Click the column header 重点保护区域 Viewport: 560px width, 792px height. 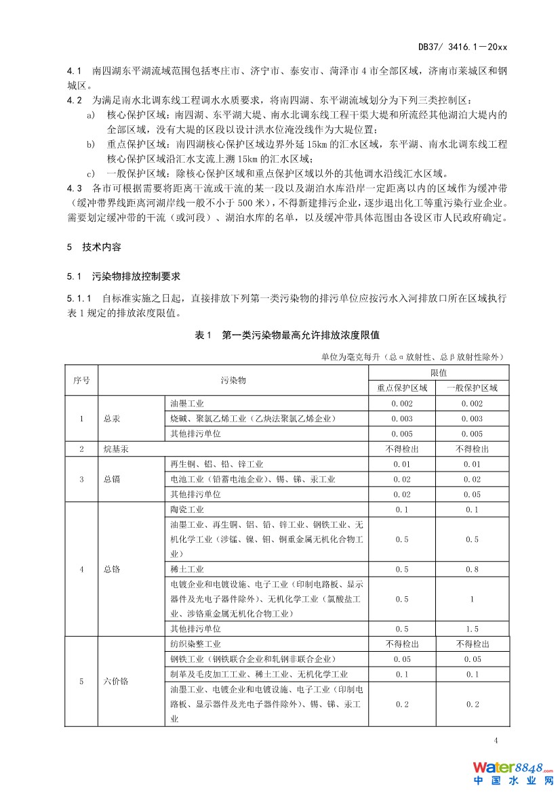pyautogui.click(x=402, y=388)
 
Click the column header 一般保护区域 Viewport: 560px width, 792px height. pyautogui.click(x=472, y=388)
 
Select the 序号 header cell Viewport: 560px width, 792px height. pyautogui.click(x=81, y=380)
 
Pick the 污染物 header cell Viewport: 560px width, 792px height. pyautogui.click(x=233, y=380)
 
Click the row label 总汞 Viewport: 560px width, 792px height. pyautogui.click(x=112, y=419)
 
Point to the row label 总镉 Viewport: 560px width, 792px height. pyautogui.click(x=112, y=479)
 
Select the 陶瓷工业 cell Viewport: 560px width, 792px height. pyautogui.click(x=186, y=509)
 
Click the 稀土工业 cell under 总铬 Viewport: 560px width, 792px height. pyautogui.click(x=186, y=569)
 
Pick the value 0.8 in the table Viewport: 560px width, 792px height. pyautogui.click(x=472, y=569)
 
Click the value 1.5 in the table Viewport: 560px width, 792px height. pyautogui.click(x=472, y=629)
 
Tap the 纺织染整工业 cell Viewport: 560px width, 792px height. pyautogui.click(x=195, y=644)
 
